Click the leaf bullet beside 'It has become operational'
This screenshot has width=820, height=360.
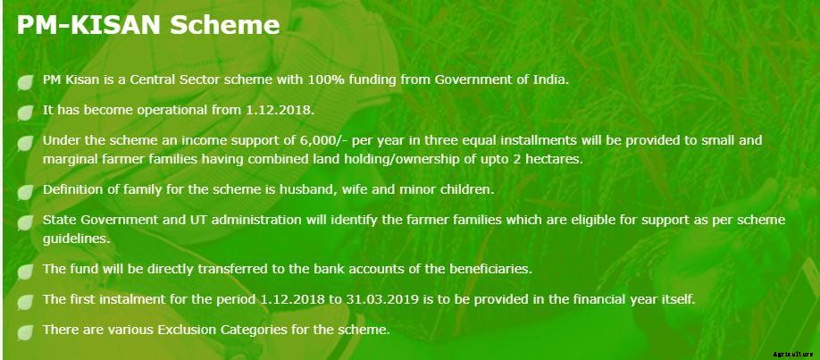25,112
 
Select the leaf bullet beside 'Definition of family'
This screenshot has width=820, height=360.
25,192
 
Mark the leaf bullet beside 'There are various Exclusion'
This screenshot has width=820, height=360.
25,331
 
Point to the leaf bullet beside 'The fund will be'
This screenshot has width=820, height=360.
25,271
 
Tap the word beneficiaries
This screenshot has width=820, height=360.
489,269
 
